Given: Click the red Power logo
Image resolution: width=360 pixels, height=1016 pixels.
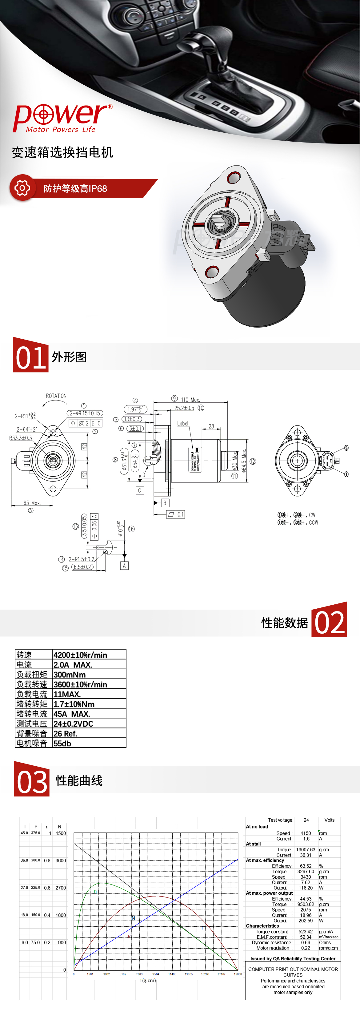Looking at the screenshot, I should point(62,118).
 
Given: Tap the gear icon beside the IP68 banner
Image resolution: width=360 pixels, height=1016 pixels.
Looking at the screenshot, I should point(22,188).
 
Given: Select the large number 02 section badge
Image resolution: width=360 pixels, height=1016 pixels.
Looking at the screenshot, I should point(329,620).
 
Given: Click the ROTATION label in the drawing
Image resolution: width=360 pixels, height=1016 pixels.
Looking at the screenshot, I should point(56,396).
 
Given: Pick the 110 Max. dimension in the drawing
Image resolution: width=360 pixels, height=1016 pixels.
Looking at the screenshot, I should point(190,400).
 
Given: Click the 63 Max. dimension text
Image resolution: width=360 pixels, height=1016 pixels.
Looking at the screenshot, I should point(32,503).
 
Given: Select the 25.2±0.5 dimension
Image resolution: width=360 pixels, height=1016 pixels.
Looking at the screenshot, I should point(184,408).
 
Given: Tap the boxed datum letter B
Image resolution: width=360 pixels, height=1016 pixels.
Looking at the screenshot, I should point(165,503).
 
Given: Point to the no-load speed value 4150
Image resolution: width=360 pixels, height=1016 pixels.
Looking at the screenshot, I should point(306,833).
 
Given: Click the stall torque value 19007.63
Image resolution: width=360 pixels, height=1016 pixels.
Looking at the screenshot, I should point(306,849).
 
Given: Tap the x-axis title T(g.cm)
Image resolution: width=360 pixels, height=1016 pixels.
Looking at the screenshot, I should point(147,980).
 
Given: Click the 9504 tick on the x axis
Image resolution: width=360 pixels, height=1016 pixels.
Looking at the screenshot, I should point(156,974).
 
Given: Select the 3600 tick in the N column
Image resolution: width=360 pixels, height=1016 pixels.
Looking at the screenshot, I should point(61,861).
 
